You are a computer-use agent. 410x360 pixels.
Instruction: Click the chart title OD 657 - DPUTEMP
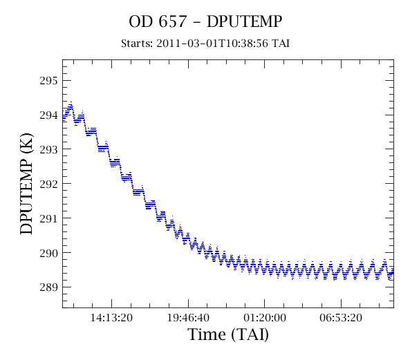click(205, 21)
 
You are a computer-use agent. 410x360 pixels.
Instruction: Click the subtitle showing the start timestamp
click(205, 44)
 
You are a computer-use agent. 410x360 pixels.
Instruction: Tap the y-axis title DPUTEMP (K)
click(27, 184)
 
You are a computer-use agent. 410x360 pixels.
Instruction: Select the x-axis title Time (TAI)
click(228, 334)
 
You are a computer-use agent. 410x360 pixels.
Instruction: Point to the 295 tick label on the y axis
click(48, 81)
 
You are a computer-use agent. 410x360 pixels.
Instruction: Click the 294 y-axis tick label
click(48, 115)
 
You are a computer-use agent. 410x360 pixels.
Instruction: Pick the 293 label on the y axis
click(48, 149)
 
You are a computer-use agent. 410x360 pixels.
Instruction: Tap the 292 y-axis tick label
click(48, 184)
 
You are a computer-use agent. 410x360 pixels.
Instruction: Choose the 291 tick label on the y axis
click(48, 218)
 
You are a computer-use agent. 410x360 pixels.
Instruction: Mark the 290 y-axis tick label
click(48, 253)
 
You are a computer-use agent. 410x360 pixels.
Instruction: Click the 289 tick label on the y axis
click(48, 287)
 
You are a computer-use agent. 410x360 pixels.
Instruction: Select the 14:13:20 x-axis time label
click(111, 318)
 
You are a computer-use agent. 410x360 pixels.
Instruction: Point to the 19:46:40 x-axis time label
click(188, 318)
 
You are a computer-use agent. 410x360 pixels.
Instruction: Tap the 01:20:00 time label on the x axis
click(265, 318)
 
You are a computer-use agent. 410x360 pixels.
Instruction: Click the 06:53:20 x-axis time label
click(341, 318)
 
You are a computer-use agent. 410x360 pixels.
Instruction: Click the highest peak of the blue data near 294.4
click(71, 102)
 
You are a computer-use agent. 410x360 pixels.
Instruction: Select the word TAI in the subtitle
click(281, 44)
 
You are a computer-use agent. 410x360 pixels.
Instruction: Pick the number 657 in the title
click(173, 21)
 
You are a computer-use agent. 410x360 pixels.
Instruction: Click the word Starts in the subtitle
click(137, 44)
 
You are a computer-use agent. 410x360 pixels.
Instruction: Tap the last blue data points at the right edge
click(392, 272)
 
